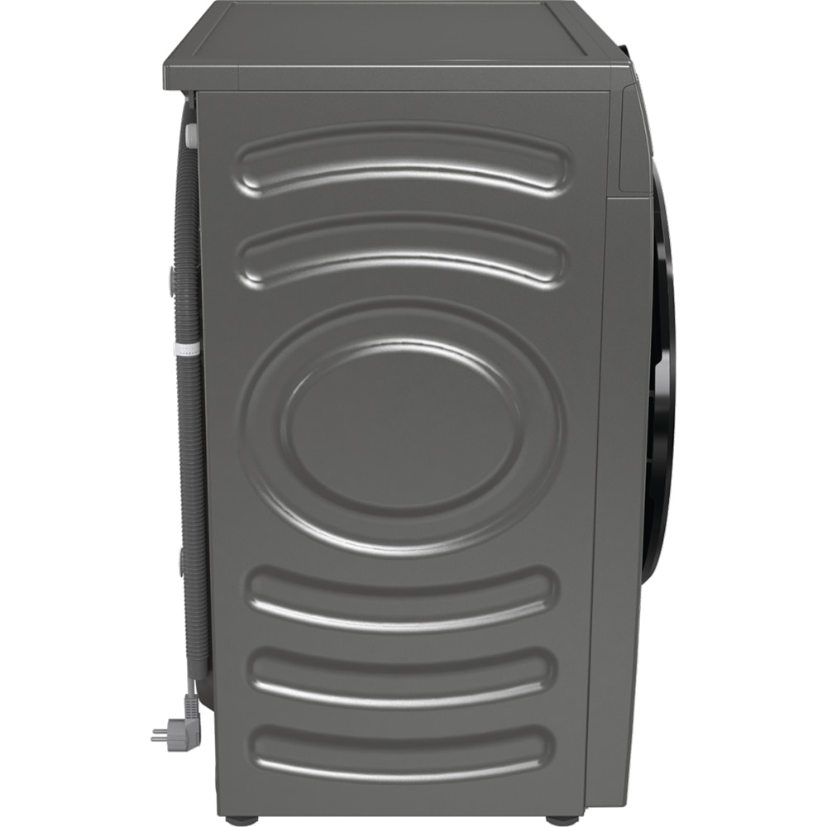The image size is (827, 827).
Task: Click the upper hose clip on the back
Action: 172,281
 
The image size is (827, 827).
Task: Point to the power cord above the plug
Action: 192,691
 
